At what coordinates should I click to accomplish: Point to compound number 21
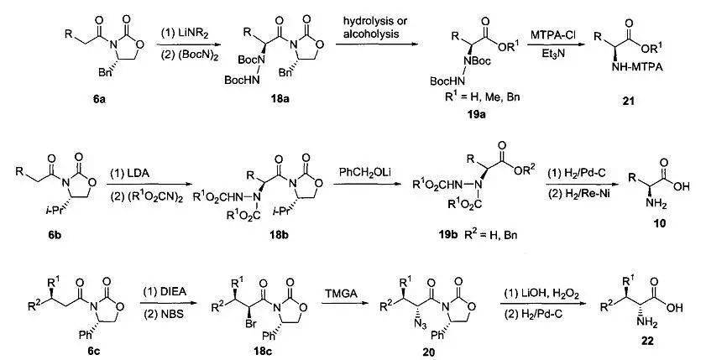click(x=628, y=101)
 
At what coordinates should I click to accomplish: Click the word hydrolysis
click(x=363, y=22)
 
